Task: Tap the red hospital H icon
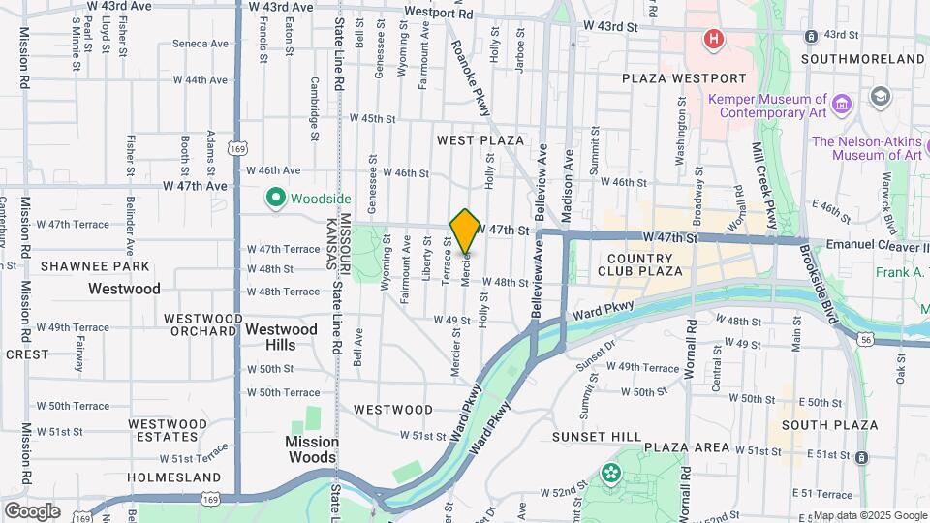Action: click(x=714, y=40)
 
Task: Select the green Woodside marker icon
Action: click(x=275, y=198)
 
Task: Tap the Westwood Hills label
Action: click(x=281, y=336)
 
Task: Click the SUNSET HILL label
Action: click(x=593, y=437)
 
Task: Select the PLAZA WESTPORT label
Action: click(x=684, y=78)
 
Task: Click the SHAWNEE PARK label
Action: click(x=95, y=266)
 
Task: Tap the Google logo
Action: click(x=32, y=510)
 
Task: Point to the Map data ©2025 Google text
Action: click(x=870, y=515)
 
